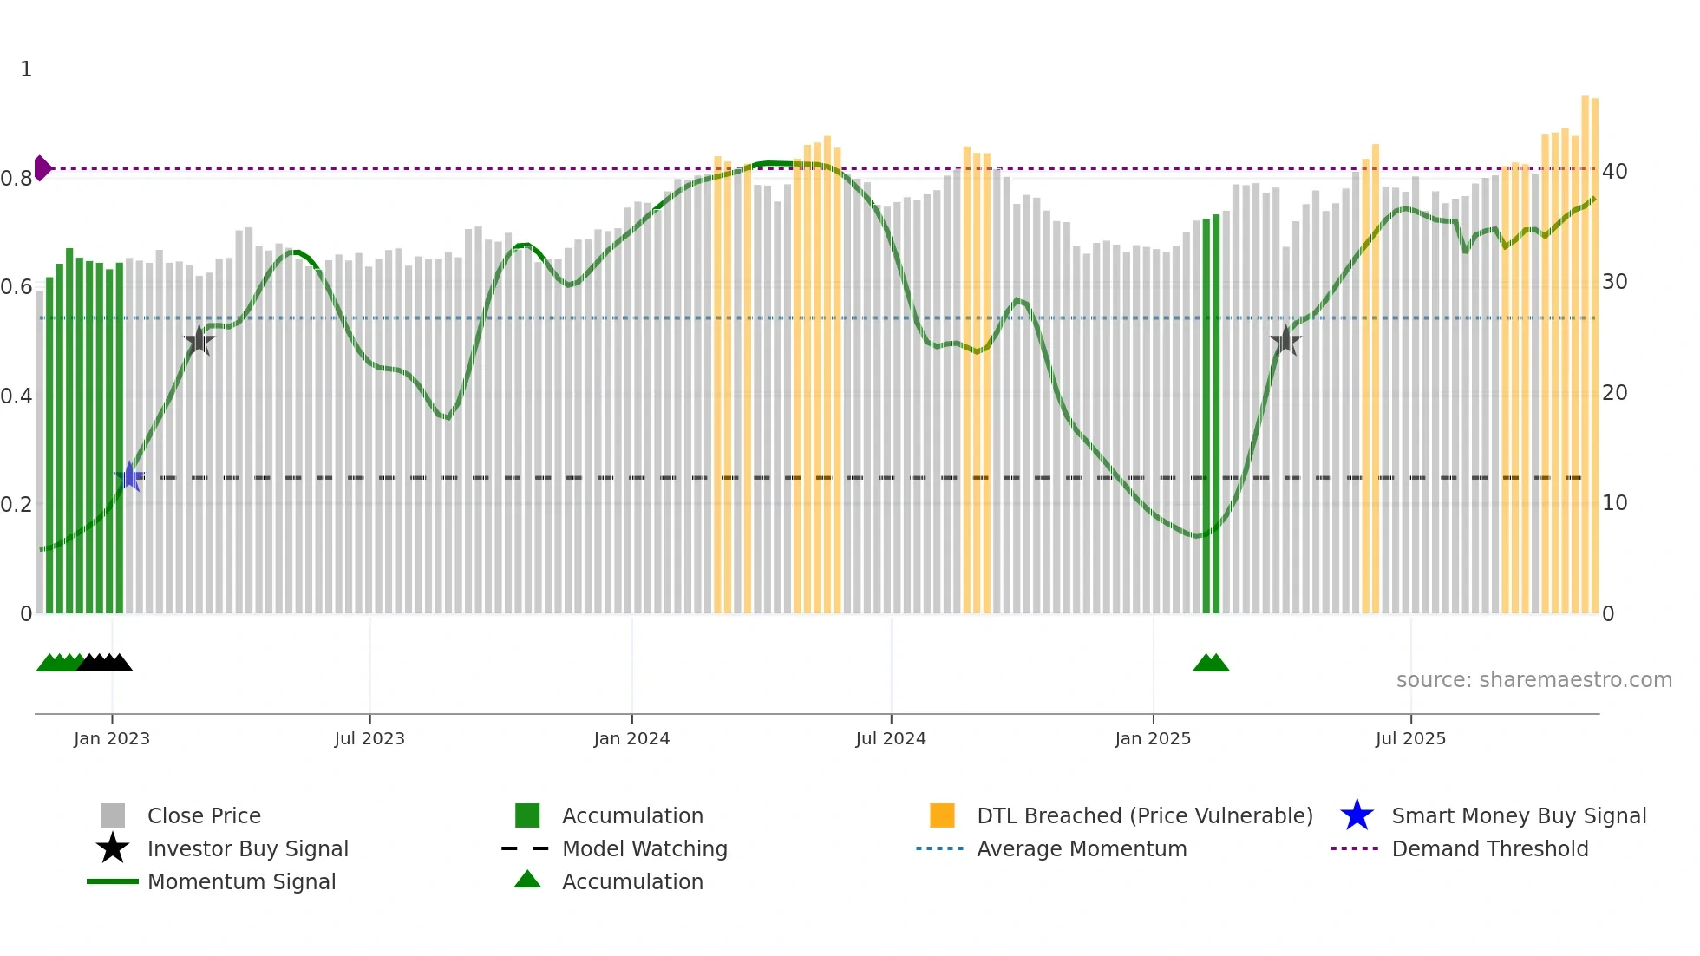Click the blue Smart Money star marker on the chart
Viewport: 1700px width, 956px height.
click(x=129, y=476)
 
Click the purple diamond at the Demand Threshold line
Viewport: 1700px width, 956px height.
click(x=42, y=168)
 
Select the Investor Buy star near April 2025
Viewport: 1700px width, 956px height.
click(x=1285, y=341)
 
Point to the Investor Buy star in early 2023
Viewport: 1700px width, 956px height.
click(x=199, y=341)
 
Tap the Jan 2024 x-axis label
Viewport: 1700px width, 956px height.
click(x=631, y=739)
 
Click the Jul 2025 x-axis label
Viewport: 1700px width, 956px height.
click(x=1410, y=739)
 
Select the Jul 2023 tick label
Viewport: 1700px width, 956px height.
click(x=369, y=739)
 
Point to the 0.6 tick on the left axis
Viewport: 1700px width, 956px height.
click(x=17, y=287)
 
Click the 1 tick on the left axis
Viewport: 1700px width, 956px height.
click(x=26, y=69)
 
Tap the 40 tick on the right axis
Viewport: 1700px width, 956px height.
click(x=1615, y=172)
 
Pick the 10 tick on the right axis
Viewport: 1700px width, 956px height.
click(x=1615, y=503)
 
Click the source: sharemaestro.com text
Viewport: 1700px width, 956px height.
click(x=1533, y=680)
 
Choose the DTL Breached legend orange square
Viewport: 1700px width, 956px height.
click(x=942, y=815)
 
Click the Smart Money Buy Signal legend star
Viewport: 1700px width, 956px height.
click(x=1357, y=815)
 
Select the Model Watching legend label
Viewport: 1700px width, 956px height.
click(x=644, y=848)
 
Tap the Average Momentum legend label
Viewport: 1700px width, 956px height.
click(x=1082, y=848)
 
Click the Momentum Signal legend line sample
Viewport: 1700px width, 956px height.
click(x=113, y=881)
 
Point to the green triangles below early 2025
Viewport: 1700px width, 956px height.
click(x=1211, y=663)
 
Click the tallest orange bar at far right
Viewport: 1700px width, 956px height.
click(x=1586, y=356)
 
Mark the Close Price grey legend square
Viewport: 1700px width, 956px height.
click(x=113, y=815)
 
